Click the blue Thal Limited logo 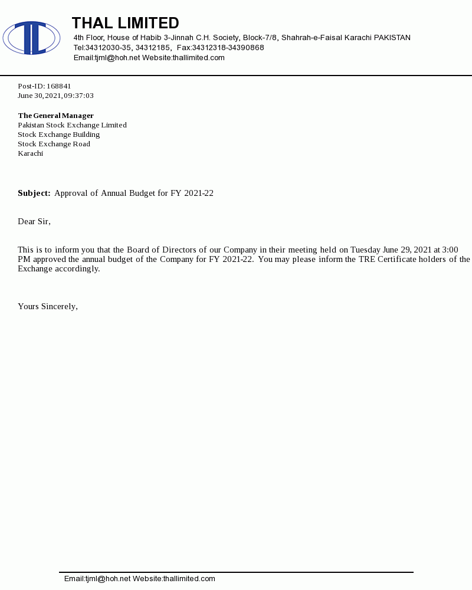(x=31, y=38)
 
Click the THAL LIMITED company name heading (x=125, y=23)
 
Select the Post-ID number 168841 (x=59, y=86)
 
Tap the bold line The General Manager (x=55, y=116)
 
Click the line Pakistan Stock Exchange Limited (x=72, y=125)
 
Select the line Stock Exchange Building (x=58, y=135)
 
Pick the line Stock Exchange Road (x=54, y=144)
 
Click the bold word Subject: (x=34, y=193)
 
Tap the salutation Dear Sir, (x=34, y=221)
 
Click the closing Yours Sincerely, (x=48, y=306)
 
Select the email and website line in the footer (x=140, y=579)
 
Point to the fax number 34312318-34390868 (x=228, y=48)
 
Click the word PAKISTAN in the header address (x=392, y=38)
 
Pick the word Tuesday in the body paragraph (x=365, y=250)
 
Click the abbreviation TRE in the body (x=367, y=259)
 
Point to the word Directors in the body (x=180, y=250)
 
